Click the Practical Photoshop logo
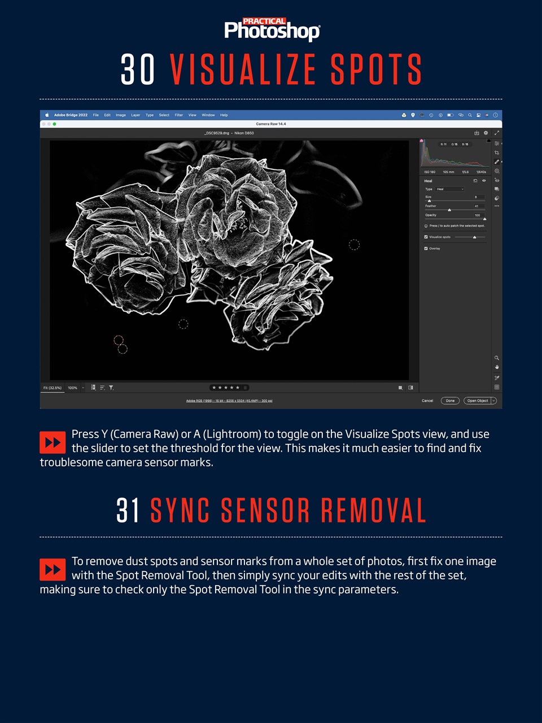coord(272,29)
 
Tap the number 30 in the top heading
coord(138,70)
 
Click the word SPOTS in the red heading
coord(376,70)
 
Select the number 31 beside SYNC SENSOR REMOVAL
coord(128,510)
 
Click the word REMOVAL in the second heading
coord(373,510)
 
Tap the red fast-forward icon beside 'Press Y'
coord(53,442)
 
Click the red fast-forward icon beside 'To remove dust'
coord(53,569)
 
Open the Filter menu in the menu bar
coord(178,115)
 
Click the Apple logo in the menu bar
coord(47,115)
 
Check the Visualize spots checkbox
coord(426,237)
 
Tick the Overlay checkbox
coord(426,249)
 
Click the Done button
coord(450,400)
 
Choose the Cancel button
coord(427,400)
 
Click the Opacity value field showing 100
coord(477,215)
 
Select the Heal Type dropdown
coord(450,189)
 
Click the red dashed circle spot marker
coord(119,340)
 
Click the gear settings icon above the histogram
coord(486,133)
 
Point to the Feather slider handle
coord(449,210)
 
